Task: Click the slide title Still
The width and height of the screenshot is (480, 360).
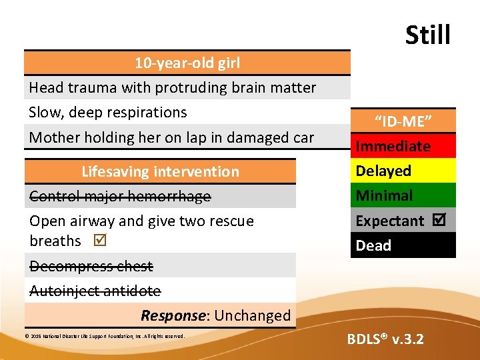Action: pos(427,35)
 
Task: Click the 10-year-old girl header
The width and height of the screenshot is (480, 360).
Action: pos(187,63)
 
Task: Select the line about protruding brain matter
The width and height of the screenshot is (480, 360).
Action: pos(173,88)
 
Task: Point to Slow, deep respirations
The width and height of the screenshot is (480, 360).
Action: pos(108,113)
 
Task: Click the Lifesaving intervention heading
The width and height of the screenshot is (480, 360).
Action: pos(160,172)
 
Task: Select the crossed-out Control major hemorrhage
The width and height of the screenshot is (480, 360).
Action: pos(120,197)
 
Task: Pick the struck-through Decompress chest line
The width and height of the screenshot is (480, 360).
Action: pos(91,267)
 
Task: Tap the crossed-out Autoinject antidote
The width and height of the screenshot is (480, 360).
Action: pos(95,291)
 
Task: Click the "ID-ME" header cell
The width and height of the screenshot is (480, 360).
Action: pos(404,122)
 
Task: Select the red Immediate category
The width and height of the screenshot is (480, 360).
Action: pos(393,147)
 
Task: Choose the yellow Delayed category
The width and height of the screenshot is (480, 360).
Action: pos(384,171)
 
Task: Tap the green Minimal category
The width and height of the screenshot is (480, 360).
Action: pos(385,196)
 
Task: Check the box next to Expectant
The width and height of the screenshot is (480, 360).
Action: pos(440,220)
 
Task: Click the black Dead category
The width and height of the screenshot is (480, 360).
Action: pos(374,245)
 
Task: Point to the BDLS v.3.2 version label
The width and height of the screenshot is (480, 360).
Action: pos(385,339)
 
